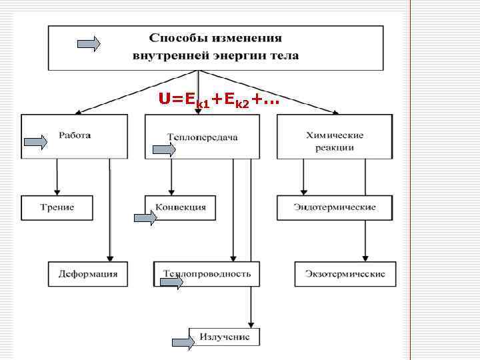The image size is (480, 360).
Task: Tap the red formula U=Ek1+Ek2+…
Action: pos(219,100)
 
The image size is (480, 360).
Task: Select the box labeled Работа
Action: pos(74,136)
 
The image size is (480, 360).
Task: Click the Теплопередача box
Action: pos(202,137)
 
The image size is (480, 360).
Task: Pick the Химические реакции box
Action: pos(334,137)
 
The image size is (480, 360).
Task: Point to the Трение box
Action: pos(57,207)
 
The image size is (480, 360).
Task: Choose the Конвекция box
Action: pos(181,207)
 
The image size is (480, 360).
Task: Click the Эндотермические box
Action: pos(335,207)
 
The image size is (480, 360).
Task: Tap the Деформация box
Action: pos(87,274)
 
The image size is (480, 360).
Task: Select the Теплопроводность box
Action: pos(207,274)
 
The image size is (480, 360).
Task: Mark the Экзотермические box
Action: pos(345,274)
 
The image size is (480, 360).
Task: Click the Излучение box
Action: pos(225,337)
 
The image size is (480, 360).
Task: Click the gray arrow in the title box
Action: pos(89,45)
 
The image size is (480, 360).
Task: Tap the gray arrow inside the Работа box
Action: pos(35,141)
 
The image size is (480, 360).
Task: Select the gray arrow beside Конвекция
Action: pos(145,217)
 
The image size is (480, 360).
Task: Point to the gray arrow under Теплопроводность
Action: pos(171,283)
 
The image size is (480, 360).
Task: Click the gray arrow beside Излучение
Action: pos(184,342)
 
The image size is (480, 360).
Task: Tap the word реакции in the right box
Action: pos(334,147)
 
